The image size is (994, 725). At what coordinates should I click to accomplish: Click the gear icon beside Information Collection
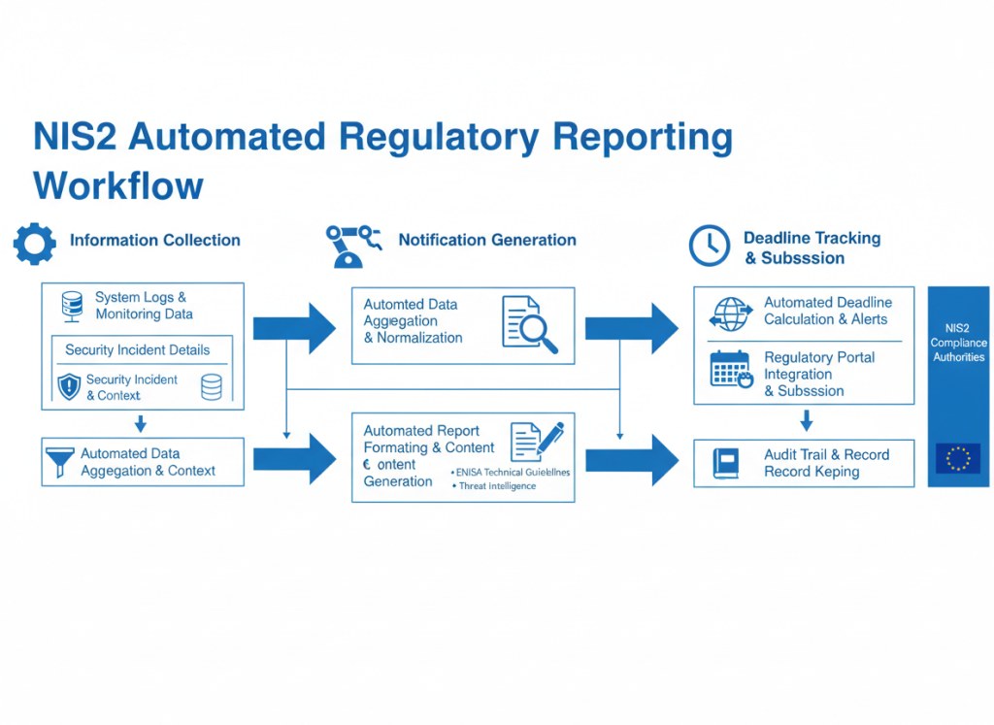tap(34, 244)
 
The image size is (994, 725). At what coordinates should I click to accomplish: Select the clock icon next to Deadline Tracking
tap(709, 246)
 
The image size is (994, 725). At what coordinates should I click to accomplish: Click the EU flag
tap(957, 458)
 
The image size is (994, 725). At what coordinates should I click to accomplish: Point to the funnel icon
tap(59, 462)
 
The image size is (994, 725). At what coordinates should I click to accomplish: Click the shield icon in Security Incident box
tap(68, 386)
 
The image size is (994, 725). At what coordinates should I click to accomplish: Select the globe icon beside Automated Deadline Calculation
tap(731, 313)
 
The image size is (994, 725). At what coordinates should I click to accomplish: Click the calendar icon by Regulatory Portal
tap(731, 369)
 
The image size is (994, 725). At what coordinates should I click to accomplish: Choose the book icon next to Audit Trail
tap(725, 461)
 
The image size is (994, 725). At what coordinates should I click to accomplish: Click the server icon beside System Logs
tap(70, 306)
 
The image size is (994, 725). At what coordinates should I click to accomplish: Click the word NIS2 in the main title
tap(75, 137)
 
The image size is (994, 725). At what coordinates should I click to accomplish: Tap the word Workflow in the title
tap(118, 184)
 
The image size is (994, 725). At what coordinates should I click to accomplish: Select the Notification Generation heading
tap(487, 240)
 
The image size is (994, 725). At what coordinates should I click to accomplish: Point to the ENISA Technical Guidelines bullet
tap(512, 472)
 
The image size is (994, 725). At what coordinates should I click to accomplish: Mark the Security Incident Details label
tap(137, 349)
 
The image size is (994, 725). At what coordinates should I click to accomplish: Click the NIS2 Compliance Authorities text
tap(957, 343)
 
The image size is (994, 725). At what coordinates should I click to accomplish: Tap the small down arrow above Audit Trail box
tap(805, 420)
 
